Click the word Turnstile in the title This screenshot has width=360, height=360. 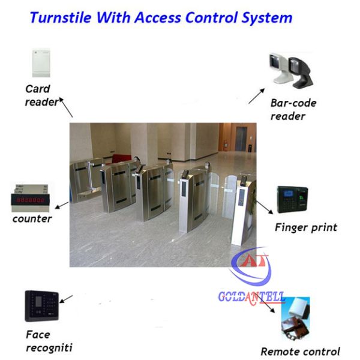click(61, 17)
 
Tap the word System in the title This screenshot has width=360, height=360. click(267, 18)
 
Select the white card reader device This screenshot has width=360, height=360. click(41, 62)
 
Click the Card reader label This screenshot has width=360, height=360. click(42, 95)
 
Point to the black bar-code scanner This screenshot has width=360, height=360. click(301, 73)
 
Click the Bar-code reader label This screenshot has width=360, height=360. click(293, 110)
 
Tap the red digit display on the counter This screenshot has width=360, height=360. click(30, 200)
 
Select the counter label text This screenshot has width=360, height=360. click(32, 219)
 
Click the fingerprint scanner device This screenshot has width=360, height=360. click(292, 199)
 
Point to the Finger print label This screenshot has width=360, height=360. click(306, 228)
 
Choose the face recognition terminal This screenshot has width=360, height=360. click(42, 306)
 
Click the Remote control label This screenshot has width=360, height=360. click(301, 352)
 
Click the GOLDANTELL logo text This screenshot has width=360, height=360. click(251, 297)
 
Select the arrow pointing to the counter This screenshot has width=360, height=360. click(62, 205)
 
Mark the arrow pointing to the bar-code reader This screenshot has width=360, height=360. click(257, 96)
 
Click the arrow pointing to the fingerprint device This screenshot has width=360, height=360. click(265, 208)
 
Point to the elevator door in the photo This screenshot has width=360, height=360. click(241, 139)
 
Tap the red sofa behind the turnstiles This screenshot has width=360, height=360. click(121, 159)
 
